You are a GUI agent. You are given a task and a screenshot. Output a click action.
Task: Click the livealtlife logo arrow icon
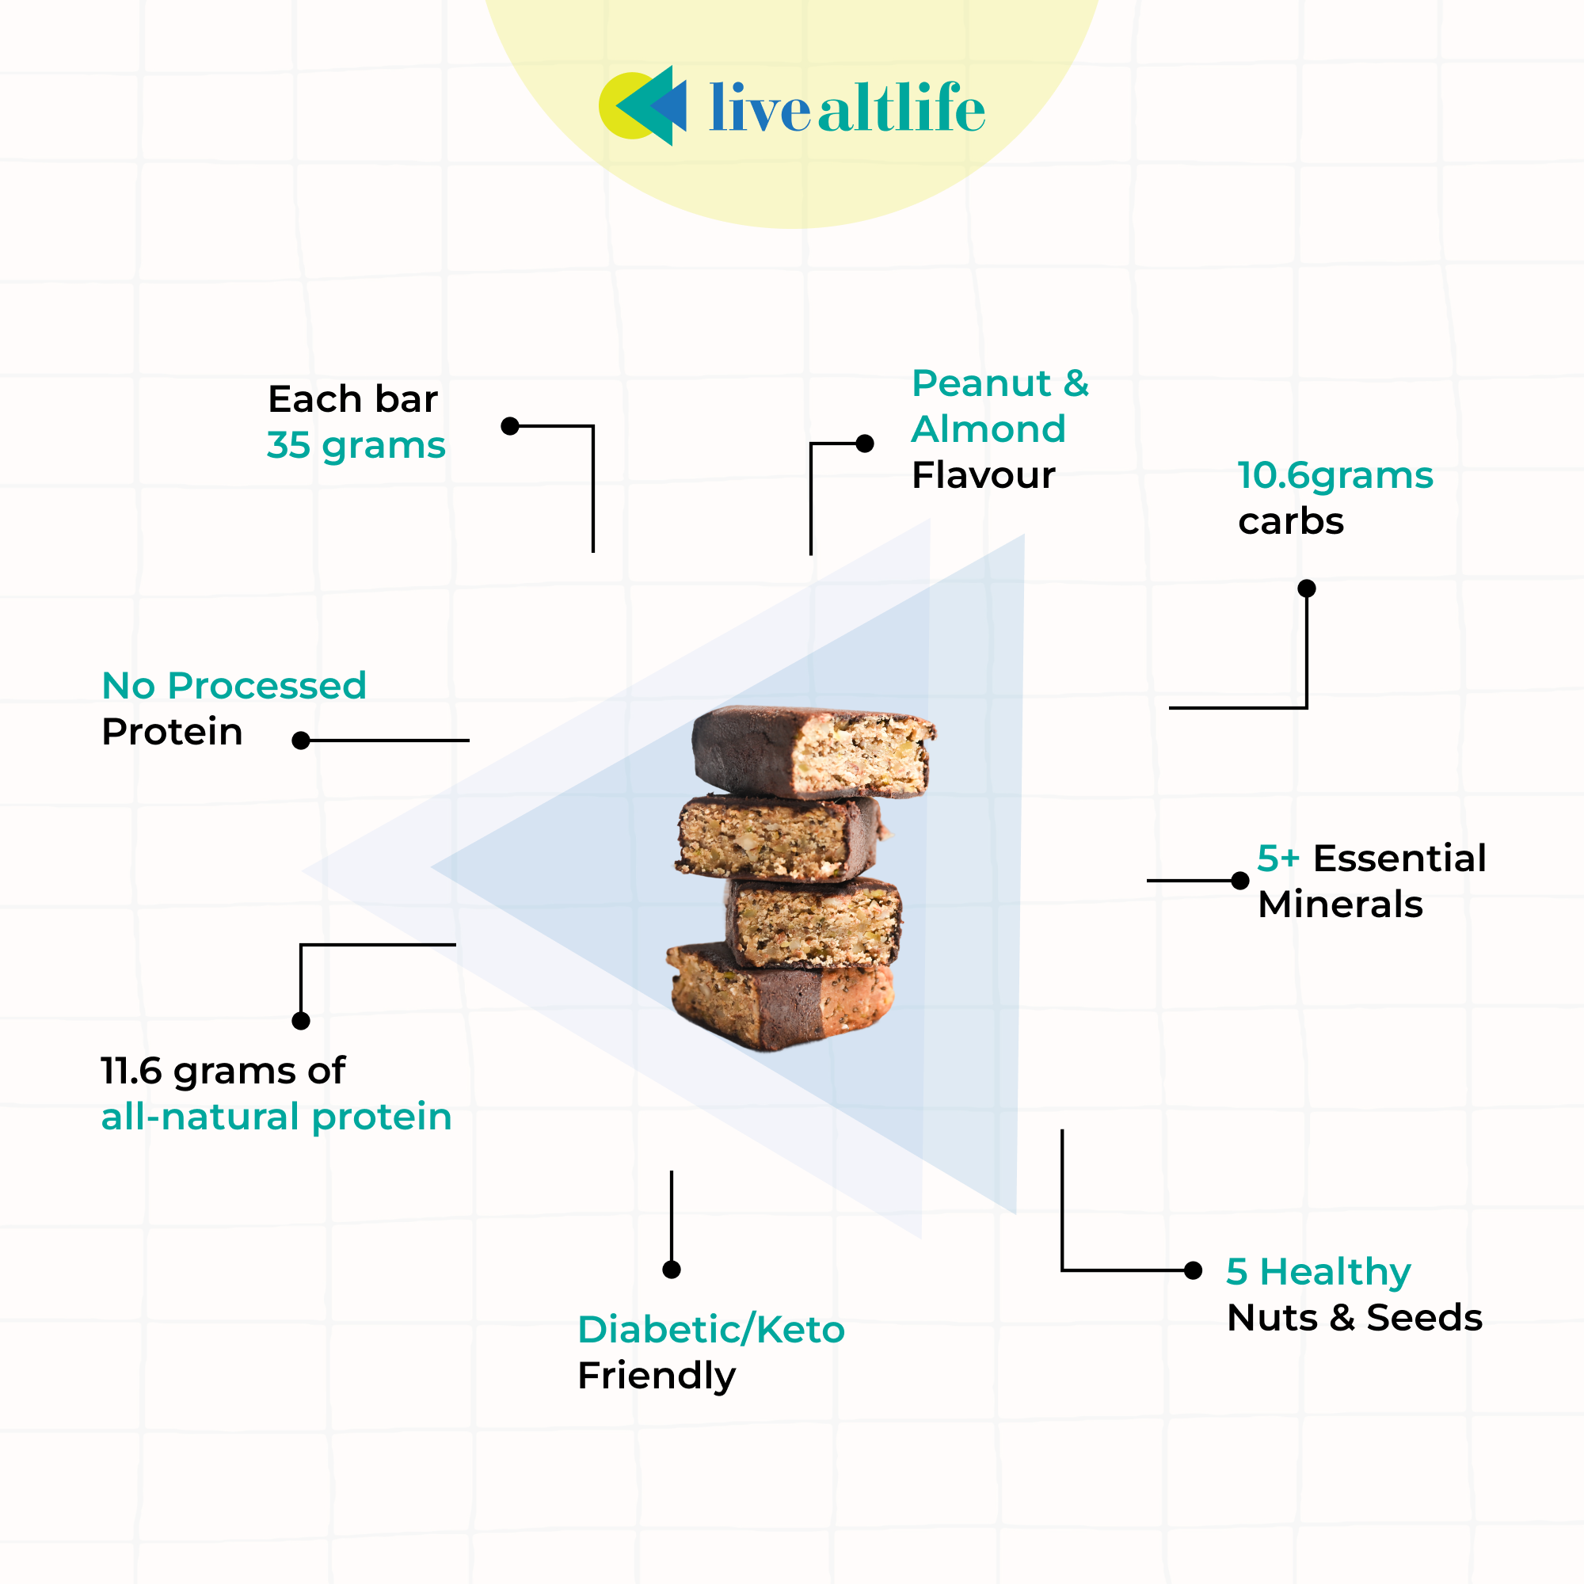pyautogui.click(x=644, y=106)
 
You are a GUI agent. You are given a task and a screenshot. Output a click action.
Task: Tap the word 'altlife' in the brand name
pyautogui.click(x=901, y=109)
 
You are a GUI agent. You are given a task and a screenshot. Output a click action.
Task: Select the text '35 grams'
pyautogui.click(x=356, y=446)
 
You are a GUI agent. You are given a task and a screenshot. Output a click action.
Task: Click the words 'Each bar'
pyautogui.click(x=352, y=399)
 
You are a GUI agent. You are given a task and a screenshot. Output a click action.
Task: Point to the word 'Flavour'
pyautogui.click(x=983, y=475)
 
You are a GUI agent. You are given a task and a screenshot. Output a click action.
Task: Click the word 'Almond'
pyautogui.click(x=988, y=428)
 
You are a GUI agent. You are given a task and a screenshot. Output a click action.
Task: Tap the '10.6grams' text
pyautogui.click(x=1335, y=475)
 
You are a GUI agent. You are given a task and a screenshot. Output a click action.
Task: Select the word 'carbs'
pyautogui.click(x=1290, y=521)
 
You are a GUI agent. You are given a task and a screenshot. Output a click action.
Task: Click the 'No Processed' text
pyautogui.click(x=234, y=685)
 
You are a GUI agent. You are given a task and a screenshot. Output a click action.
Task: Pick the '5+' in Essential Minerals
pyautogui.click(x=1278, y=859)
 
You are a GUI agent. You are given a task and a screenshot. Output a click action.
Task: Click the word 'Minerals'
pyautogui.click(x=1340, y=904)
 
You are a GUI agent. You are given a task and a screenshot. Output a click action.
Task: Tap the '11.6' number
pyautogui.click(x=131, y=1071)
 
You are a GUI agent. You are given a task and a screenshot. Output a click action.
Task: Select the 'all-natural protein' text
pyautogui.click(x=276, y=1117)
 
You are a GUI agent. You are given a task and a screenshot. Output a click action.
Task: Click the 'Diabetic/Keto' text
pyautogui.click(x=711, y=1329)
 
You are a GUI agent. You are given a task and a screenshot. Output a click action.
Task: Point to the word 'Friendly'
pyautogui.click(x=657, y=1375)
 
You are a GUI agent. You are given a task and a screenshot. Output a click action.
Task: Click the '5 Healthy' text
pyautogui.click(x=1319, y=1272)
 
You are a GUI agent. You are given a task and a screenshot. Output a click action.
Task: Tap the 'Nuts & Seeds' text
pyautogui.click(x=1354, y=1318)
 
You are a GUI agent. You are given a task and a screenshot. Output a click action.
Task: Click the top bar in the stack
pyautogui.click(x=812, y=751)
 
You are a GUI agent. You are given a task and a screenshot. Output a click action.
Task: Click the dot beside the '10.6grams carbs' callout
pyautogui.click(x=1307, y=588)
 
